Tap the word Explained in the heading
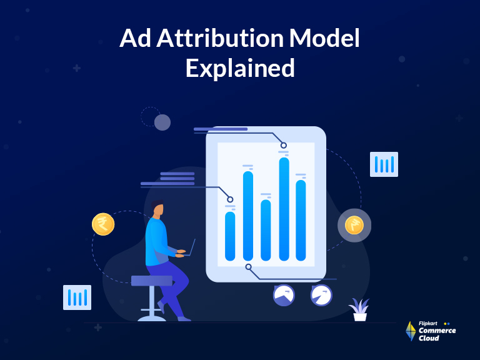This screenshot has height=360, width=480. (240, 67)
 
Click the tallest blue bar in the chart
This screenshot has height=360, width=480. (284, 209)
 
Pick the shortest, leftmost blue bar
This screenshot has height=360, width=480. (230, 236)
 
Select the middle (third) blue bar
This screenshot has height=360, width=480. (266, 229)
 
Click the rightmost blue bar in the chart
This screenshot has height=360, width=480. (301, 220)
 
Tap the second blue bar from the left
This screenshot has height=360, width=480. (248, 216)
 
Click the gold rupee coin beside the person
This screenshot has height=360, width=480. (103, 224)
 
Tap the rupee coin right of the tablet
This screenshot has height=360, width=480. (354, 225)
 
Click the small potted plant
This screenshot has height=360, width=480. (359, 310)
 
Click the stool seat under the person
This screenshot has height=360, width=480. (152, 281)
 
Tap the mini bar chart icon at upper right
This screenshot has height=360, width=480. (384, 164)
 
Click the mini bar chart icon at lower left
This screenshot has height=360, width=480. (77, 297)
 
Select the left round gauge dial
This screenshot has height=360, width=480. (284, 295)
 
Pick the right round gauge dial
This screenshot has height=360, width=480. (321, 295)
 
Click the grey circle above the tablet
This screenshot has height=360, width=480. (162, 122)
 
